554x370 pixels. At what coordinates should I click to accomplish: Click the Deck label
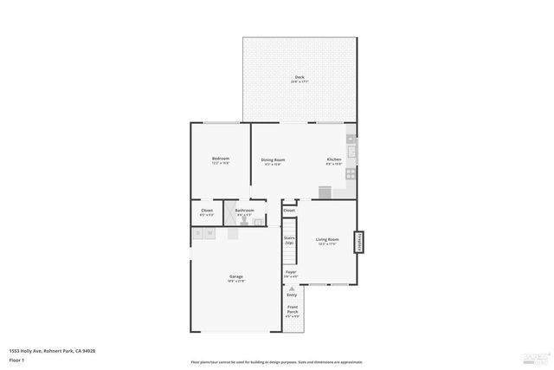click(x=300, y=77)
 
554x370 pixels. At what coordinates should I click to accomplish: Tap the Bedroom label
click(x=221, y=159)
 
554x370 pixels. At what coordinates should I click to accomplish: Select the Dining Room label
click(x=274, y=159)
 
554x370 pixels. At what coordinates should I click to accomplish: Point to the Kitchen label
click(x=334, y=159)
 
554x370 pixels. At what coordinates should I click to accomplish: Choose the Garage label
click(x=235, y=277)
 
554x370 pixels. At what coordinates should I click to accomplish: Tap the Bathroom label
click(x=245, y=210)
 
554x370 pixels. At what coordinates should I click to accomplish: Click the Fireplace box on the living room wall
click(x=358, y=242)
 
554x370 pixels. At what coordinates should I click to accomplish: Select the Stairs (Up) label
click(x=289, y=240)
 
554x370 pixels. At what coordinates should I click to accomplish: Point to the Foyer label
click(x=291, y=272)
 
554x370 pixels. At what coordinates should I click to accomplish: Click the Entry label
click(x=292, y=295)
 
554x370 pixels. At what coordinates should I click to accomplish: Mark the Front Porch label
click(x=293, y=310)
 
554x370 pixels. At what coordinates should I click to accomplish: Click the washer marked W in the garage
click(x=210, y=233)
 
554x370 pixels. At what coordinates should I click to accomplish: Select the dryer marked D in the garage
click(x=198, y=233)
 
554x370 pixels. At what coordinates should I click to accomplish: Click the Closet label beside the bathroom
click(x=208, y=210)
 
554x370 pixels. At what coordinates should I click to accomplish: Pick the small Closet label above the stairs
click(x=289, y=210)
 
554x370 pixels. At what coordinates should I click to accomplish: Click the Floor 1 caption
click(x=17, y=358)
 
